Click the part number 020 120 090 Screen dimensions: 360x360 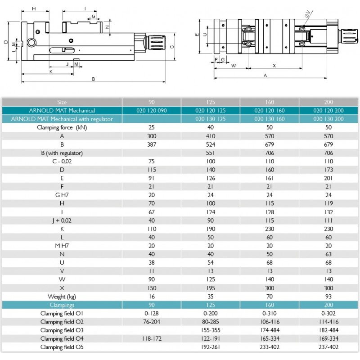[151, 111]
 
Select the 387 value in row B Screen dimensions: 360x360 [151, 144]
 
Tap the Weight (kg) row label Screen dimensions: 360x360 [62, 297]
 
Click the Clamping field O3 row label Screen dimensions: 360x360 [62, 330]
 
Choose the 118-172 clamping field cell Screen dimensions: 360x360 [151, 339]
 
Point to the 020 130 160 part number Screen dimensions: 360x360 [269, 119]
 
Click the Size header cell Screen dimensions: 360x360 [62, 102]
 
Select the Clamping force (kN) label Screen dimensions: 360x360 [62, 128]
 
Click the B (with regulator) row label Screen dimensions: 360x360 [62, 153]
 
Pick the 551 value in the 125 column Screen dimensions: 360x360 [210, 153]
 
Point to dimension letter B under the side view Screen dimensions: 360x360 [93, 79]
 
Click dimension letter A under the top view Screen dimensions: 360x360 [265, 75]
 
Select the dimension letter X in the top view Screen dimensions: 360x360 [274, 66]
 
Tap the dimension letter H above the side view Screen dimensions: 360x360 [34, 9]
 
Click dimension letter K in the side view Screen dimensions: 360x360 [50, 71]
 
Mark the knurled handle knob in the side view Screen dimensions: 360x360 [156, 44]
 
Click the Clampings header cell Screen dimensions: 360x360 [62, 305]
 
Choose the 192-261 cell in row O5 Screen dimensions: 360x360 [210, 347]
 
